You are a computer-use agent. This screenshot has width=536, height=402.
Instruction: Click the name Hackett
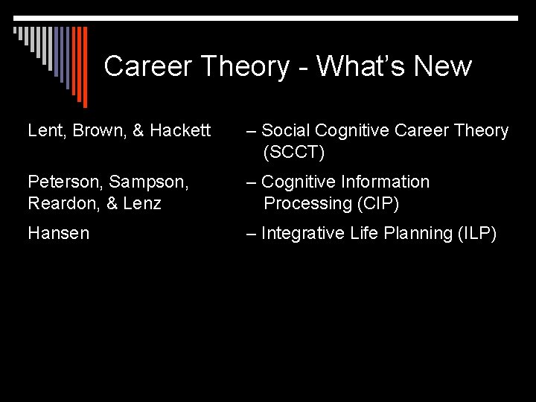181,131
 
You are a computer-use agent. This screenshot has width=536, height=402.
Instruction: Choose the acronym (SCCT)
294,153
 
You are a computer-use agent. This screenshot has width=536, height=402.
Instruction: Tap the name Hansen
58,234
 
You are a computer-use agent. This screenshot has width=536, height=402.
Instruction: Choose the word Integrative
303,234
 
